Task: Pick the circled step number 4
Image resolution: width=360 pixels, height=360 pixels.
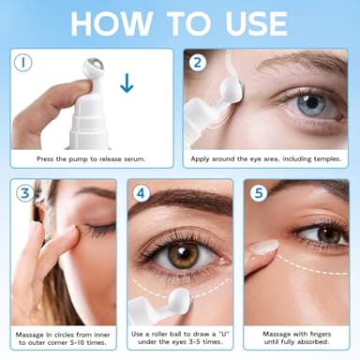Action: (142, 196)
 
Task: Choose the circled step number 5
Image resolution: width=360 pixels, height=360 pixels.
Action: (259, 196)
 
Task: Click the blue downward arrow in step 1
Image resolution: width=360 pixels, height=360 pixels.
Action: (127, 85)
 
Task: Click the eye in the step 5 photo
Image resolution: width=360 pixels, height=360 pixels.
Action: (320, 233)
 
